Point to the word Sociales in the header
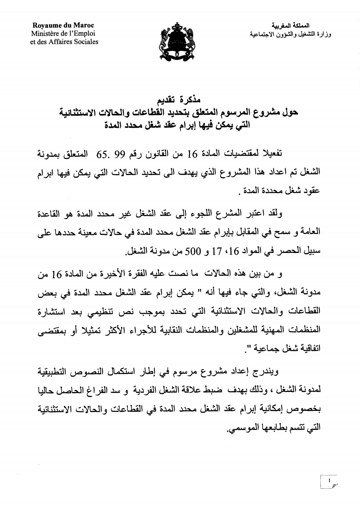click(84, 41)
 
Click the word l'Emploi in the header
click(81, 33)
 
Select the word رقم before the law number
click(132, 156)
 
